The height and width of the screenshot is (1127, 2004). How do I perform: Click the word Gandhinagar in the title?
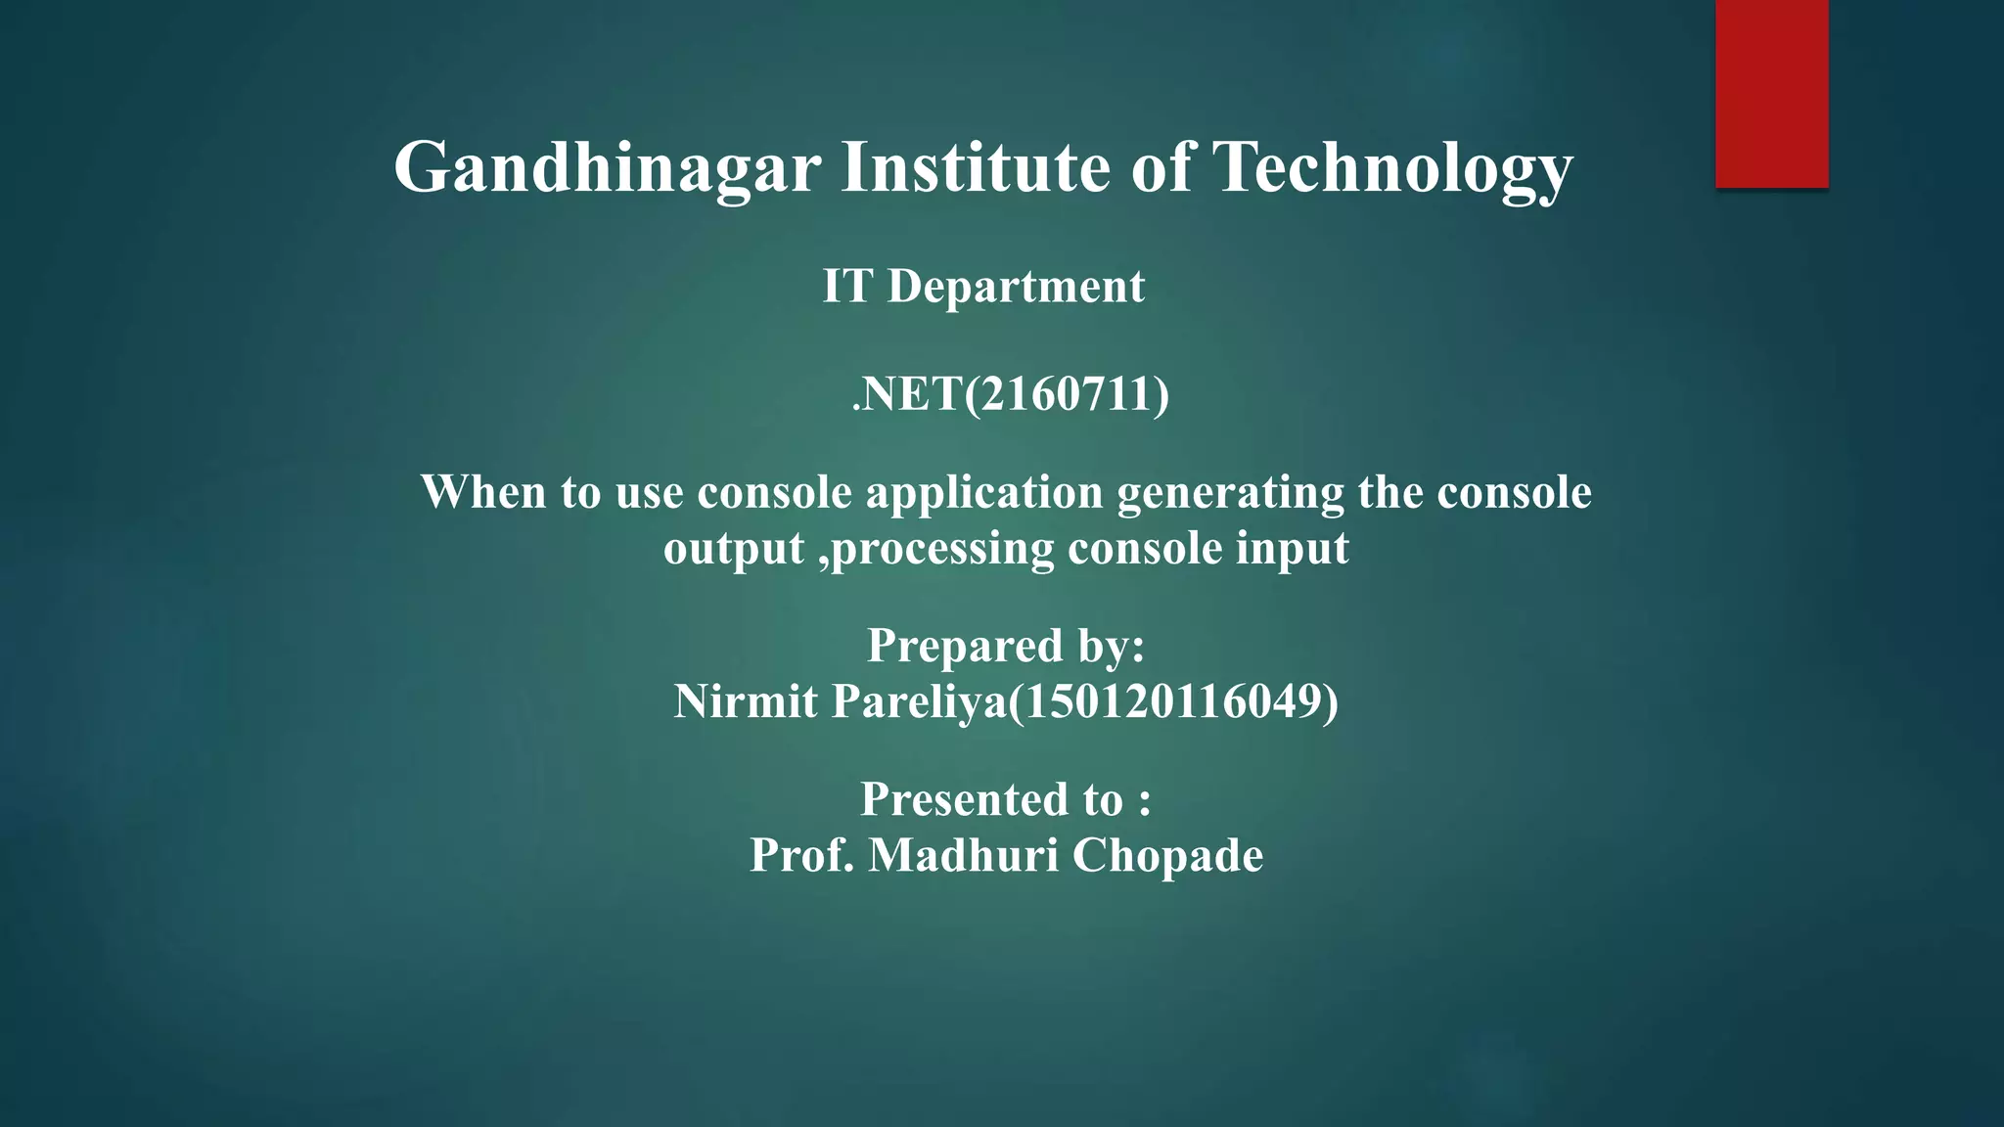coord(607,168)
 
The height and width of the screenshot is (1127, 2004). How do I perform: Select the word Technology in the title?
coord(1392,168)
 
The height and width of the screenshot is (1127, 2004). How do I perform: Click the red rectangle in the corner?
coord(1771,93)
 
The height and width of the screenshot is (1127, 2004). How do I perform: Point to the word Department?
coord(1016,288)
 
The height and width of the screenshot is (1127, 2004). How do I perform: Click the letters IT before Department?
coord(846,287)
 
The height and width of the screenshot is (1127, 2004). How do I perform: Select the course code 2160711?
coord(1069,394)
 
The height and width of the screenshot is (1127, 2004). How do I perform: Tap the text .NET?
coord(907,394)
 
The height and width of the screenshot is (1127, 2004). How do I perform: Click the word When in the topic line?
coord(483,492)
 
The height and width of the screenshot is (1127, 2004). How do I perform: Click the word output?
coord(733,550)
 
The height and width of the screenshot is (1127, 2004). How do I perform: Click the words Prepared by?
coord(1006,647)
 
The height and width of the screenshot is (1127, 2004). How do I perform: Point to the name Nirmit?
coord(745,701)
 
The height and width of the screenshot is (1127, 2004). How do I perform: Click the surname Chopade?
coord(1167,856)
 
